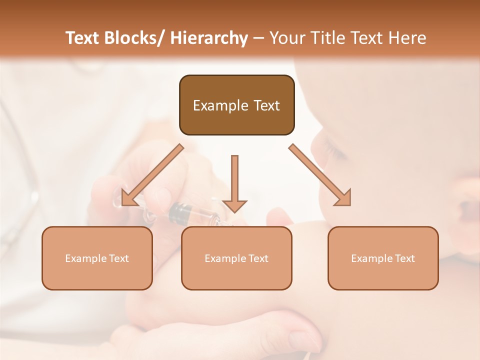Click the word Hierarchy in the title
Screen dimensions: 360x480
[209, 38]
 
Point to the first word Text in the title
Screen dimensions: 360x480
[82, 38]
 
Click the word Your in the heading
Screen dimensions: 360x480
[287, 38]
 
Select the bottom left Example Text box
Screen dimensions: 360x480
[97, 275]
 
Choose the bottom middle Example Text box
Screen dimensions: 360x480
[236, 275]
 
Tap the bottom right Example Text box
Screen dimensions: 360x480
[383, 275]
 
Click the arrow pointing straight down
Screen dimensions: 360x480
[234, 185]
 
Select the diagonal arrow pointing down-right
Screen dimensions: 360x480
[320, 175]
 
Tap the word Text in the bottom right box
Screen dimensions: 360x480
[404, 258]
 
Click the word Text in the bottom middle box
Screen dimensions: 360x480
[258, 258]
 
